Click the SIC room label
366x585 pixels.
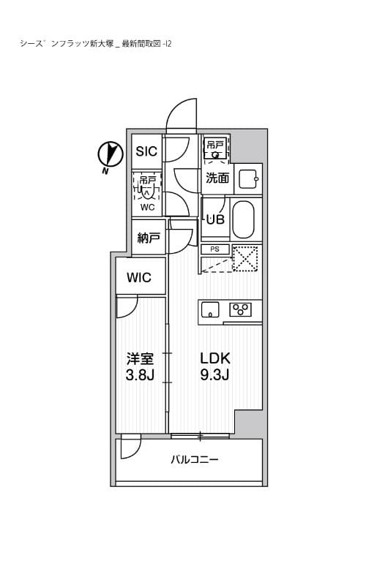(146, 151)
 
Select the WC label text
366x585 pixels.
(147, 207)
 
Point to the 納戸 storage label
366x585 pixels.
(147, 239)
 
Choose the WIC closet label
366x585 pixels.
(139, 277)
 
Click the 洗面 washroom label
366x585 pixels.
(217, 178)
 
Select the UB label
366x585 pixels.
(215, 219)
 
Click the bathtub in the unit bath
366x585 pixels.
(244, 219)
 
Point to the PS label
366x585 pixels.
(214, 249)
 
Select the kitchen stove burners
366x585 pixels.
(241, 308)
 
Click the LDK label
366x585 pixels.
(216, 358)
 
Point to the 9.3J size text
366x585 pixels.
(216, 377)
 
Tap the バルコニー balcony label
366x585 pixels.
(195, 460)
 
